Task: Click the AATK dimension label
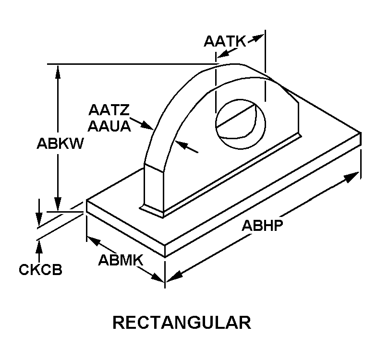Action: pos(224,42)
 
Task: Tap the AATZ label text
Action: pos(109,110)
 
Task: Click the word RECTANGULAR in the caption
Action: pos(182,323)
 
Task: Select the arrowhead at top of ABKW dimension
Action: pos(58,70)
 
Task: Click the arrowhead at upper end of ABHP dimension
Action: pos(353,176)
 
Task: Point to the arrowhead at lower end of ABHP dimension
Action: pos(173,277)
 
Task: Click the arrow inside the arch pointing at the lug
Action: pos(180,144)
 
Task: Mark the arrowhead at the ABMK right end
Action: pos(160,277)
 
